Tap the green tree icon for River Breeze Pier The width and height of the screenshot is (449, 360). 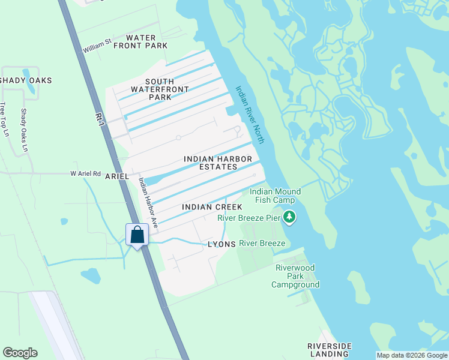(290, 217)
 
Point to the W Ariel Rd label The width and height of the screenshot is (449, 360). (85, 173)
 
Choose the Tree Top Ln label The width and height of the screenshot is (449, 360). (4, 119)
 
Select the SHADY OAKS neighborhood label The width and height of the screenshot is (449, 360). (26, 80)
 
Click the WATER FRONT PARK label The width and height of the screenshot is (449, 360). (142, 41)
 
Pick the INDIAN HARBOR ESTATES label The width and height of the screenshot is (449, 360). (218, 163)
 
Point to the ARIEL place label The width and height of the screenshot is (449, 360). (118, 177)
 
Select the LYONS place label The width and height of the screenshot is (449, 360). (220, 245)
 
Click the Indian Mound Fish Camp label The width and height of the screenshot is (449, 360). (276, 196)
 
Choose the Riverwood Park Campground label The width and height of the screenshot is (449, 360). (295, 276)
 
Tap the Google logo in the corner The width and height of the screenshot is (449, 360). (20, 353)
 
